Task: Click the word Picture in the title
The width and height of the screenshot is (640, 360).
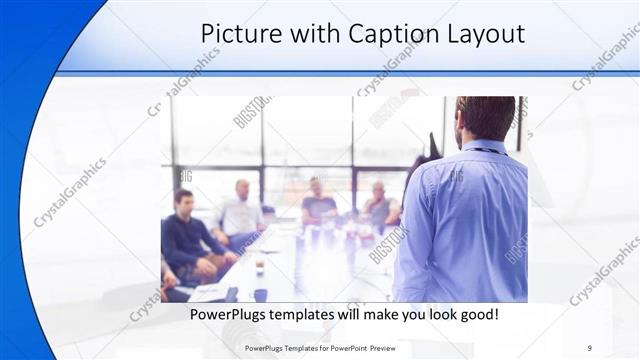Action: pyautogui.click(x=239, y=34)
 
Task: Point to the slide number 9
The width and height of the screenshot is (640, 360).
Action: pyautogui.click(x=590, y=348)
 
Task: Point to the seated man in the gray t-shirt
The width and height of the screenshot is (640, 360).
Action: pyautogui.click(x=319, y=205)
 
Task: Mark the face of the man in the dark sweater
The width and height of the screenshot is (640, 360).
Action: pyautogui.click(x=184, y=200)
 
